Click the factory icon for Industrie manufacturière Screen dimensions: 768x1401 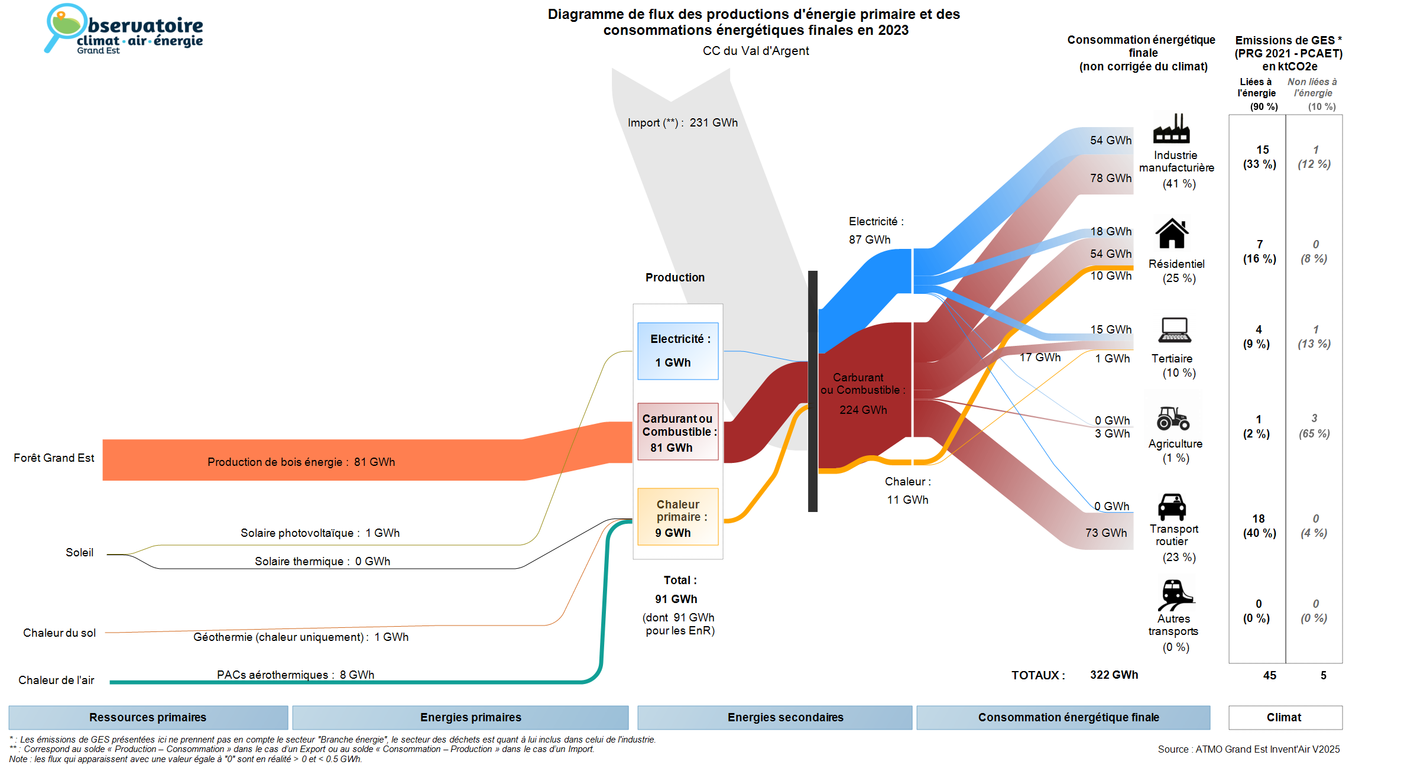[1171, 128]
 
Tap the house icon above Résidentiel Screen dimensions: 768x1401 [1172, 234]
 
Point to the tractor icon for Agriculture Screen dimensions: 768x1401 [1173, 418]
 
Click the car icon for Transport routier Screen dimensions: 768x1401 [1172, 507]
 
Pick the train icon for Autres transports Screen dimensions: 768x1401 [1174, 594]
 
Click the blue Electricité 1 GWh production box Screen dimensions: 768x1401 [677, 351]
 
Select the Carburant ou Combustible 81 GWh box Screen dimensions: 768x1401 [677, 432]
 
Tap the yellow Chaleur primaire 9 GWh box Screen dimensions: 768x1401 [677, 517]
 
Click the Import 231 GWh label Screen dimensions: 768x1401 [683, 123]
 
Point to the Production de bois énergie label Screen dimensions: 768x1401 [301, 462]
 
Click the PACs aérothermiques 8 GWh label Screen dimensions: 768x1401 [296, 675]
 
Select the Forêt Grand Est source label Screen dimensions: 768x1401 [54, 458]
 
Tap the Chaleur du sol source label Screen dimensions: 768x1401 [59, 633]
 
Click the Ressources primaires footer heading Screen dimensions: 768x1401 [148, 717]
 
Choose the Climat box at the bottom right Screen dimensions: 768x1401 [1285, 717]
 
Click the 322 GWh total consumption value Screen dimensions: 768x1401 [1114, 675]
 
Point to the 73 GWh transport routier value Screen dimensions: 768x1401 [1106, 533]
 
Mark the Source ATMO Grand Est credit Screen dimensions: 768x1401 [1248, 749]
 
